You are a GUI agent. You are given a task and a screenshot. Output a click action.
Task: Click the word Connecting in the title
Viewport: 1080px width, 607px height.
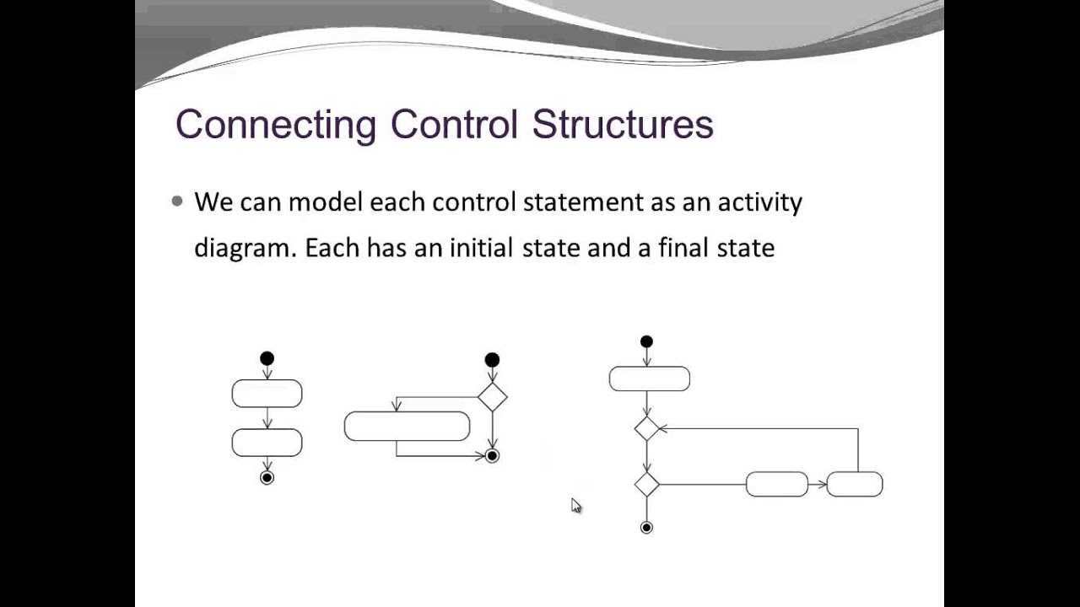[x=275, y=125]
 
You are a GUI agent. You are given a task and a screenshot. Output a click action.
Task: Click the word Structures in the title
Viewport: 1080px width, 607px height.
[x=623, y=125]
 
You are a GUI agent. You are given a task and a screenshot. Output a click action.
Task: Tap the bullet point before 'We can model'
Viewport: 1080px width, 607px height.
[x=177, y=201]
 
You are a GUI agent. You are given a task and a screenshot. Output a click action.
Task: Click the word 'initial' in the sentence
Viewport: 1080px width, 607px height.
[x=482, y=248]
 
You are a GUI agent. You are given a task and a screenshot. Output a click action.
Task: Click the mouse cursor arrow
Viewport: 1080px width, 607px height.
[x=576, y=506]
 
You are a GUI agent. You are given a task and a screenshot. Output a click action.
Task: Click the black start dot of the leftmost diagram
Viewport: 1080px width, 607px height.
[x=267, y=359]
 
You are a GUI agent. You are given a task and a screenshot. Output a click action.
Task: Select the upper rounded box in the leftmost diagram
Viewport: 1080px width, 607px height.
[x=267, y=394]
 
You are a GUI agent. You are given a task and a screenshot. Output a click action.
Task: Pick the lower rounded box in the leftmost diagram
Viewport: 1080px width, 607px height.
[x=267, y=443]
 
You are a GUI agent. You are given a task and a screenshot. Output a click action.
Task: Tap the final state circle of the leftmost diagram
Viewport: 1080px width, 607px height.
[x=267, y=478]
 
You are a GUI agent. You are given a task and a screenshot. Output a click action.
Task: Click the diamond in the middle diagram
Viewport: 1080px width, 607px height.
[x=492, y=396]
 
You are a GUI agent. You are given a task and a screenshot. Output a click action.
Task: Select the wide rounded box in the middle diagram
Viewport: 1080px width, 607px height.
[x=407, y=427]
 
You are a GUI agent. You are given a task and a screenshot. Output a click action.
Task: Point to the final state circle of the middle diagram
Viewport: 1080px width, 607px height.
[x=492, y=456]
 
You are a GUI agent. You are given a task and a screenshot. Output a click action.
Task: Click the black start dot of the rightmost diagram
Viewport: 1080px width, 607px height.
[x=646, y=342]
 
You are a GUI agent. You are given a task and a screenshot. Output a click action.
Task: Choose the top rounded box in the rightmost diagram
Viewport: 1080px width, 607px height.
[x=649, y=379]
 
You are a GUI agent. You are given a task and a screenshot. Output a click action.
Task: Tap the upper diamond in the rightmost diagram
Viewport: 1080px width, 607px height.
[x=646, y=429]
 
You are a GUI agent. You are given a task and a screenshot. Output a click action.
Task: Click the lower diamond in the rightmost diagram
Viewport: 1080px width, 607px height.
[x=646, y=485]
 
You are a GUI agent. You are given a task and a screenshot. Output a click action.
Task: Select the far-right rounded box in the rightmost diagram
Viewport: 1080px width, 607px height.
[x=855, y=485]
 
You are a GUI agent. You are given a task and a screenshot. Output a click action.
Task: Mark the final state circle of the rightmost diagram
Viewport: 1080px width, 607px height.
[x=646, y=528]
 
